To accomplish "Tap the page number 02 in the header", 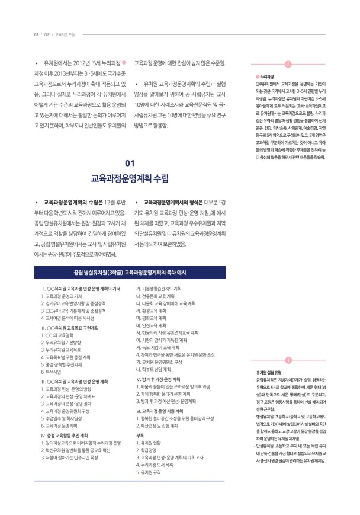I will tap(36, 34).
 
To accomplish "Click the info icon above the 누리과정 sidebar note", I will tap(288, 65).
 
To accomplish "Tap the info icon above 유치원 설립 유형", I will tap(288, 344).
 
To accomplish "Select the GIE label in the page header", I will tap(47, 34).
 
